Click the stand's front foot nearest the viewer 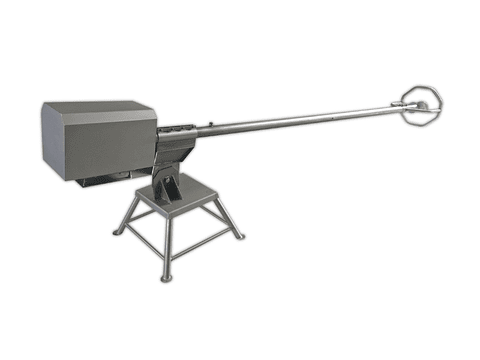point(167,277)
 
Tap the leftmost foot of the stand point(117,232)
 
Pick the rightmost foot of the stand point(240,237)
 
